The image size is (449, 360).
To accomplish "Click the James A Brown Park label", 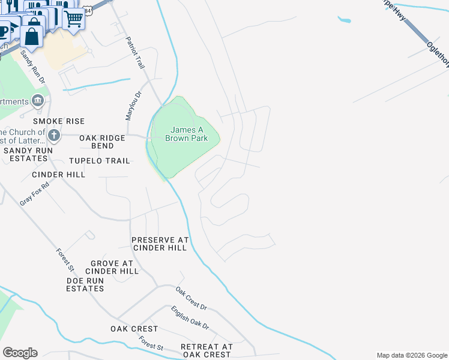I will coord(189,134).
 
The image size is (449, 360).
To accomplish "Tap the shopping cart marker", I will coord(73,18).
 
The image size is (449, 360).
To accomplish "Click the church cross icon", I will coord(54,134).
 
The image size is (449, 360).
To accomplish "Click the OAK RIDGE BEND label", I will coord(103,142).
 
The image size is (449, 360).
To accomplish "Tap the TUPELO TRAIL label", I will coord(100,161).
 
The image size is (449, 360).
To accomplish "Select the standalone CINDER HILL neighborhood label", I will coord(59,174).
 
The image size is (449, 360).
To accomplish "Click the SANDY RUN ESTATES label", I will coord(25,154).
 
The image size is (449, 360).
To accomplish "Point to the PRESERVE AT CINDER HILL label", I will coord(160,244).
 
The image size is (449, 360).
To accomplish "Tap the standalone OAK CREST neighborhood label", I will coord(134,329).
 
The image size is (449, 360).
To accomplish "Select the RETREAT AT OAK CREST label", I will coord(206,350).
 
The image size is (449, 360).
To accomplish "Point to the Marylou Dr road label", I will coord(133,105).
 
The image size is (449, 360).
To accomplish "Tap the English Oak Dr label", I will coord(190,318).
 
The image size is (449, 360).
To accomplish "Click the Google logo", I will coord(20,353).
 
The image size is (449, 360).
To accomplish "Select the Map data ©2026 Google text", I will coord(411,355).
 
